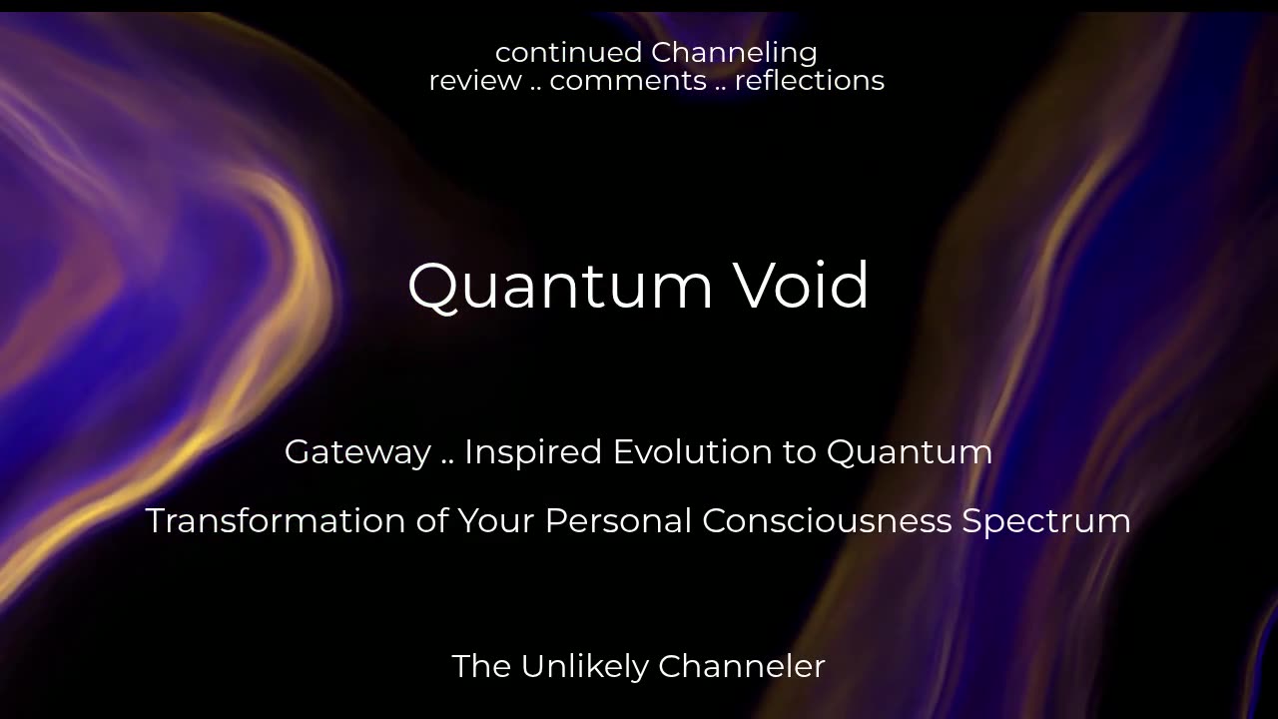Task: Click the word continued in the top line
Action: (x=568, y=53)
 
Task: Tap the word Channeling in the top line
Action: (x=734, y=54)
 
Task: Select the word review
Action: (x=475, y=81)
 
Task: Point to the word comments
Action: (x=628, y=81)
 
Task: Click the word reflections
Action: (x=810, y=80)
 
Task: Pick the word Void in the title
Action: (x=801, y=286)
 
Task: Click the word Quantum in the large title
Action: (x=560, y=287)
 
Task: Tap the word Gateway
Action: (x=357, y=453)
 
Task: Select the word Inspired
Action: (x=533, y=453)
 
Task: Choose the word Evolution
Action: (x=693, y=452)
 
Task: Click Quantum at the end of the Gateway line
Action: (x=910, y=453)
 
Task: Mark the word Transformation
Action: (x=276, y=520)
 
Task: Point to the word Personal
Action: (x=618, y=520)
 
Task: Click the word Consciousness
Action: (x=827, y=520)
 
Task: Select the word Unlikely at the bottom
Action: (x=585, y=666)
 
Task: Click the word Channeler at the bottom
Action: (x=742, y=666)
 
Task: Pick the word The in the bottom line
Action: (x=481, y=666)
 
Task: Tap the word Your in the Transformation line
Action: (x=496, y=520)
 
